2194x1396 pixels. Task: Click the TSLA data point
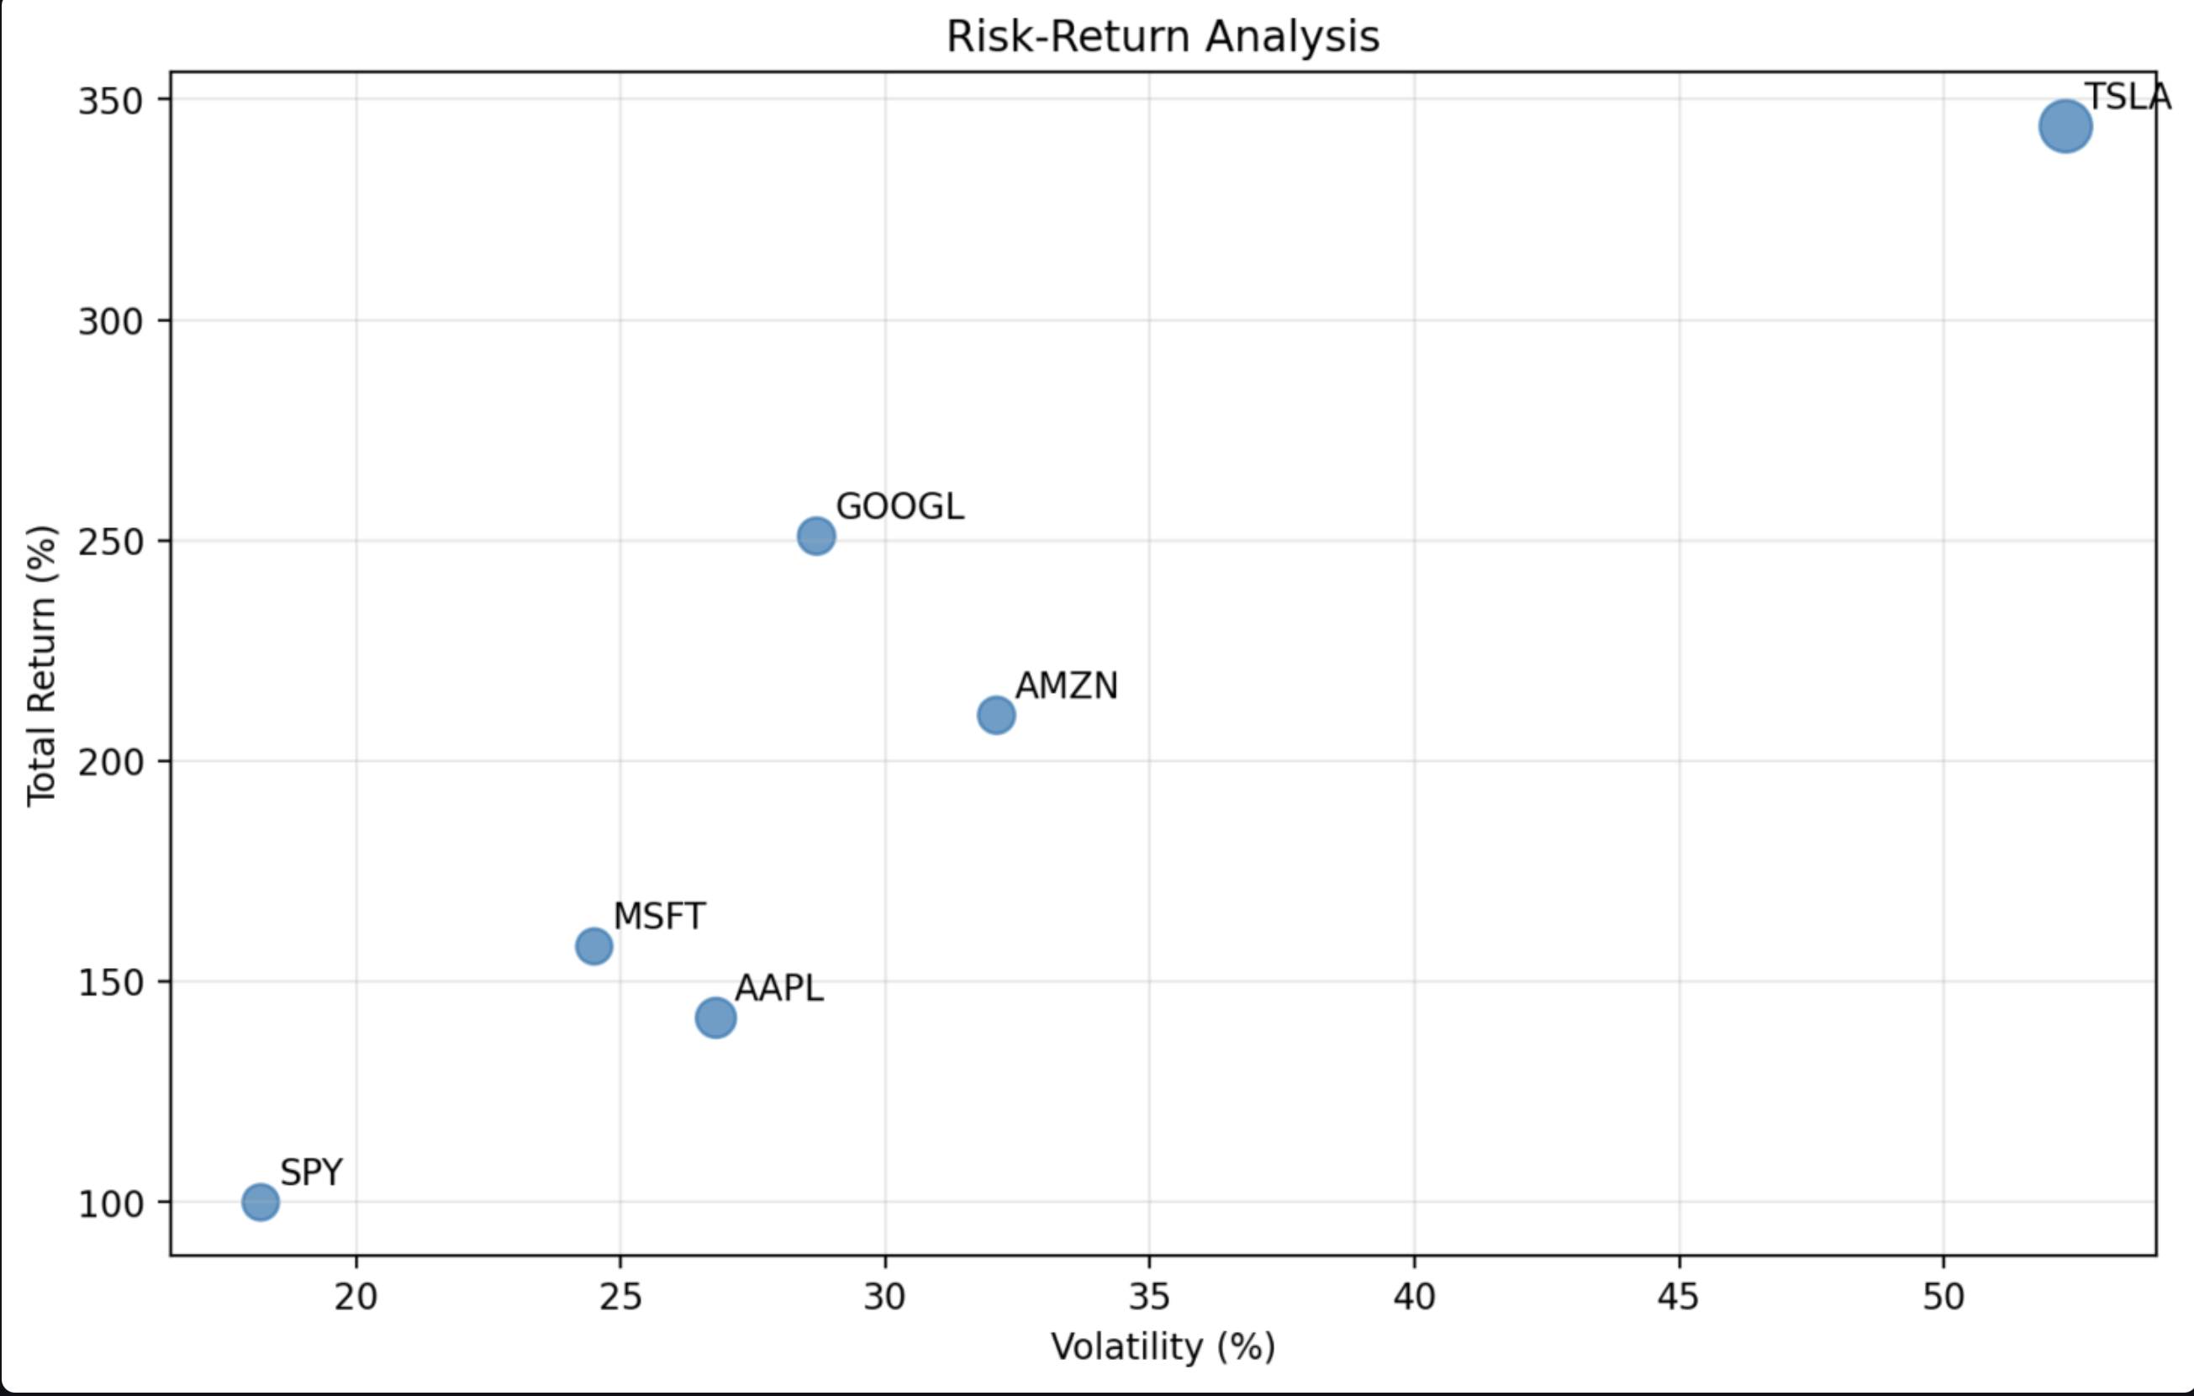(x=2065, y=127)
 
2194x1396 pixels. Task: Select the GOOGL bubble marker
(x=816, y=536)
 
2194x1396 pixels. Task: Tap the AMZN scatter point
(x=996, y=716)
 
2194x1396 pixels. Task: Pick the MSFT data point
(x=594, y=946)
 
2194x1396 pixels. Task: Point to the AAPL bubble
(x=716, y=1017)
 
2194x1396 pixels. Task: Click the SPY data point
(x=261, y=1202)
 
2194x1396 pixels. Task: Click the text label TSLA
(x=2128, y=97)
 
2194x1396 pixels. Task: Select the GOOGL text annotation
(x=899, y=506)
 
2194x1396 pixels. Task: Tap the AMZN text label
(x=1066, y=686)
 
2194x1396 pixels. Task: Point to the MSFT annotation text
(x=659, y=917)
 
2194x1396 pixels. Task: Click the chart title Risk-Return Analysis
(x=1163, y=37)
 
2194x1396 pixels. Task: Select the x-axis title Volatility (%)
(x=1163, y=1346)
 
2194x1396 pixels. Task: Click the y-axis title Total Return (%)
(x=42, y=665)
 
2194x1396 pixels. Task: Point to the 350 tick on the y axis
(x=111, y=100)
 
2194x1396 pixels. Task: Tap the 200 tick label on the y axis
(x=111, y=761)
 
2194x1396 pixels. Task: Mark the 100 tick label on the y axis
(x=111, y=1203)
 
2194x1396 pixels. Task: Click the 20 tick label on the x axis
(x=356, y=1297)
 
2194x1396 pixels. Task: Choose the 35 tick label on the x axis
(x=1149, y=1297)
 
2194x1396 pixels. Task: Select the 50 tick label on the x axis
(x=1943, y=1297)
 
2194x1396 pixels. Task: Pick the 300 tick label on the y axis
(x=111, y=320)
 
